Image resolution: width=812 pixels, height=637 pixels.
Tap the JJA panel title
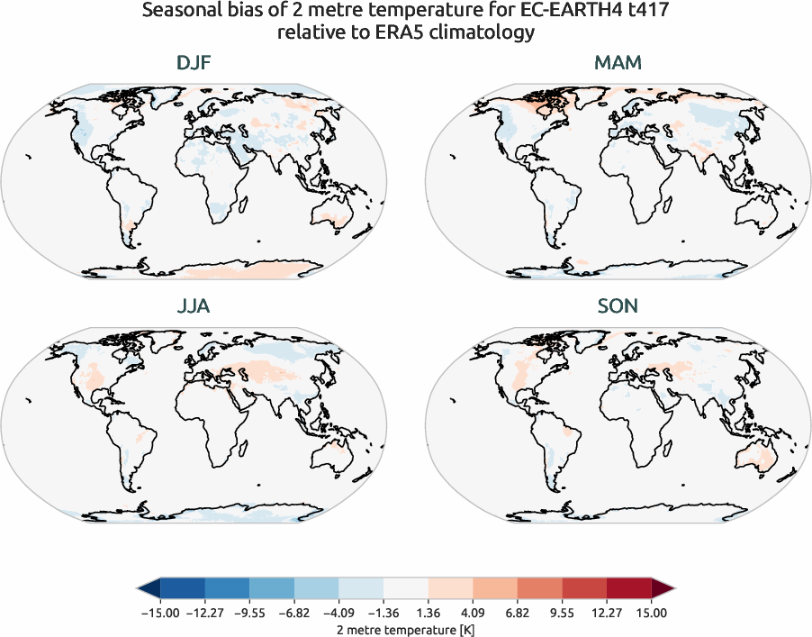[x=194, y=307]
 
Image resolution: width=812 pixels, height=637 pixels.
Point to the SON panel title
[x=618, y=307]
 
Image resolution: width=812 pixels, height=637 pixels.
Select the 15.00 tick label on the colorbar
[x=652, y=613]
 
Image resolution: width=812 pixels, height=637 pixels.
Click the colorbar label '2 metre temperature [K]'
[x=406, y=627]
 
